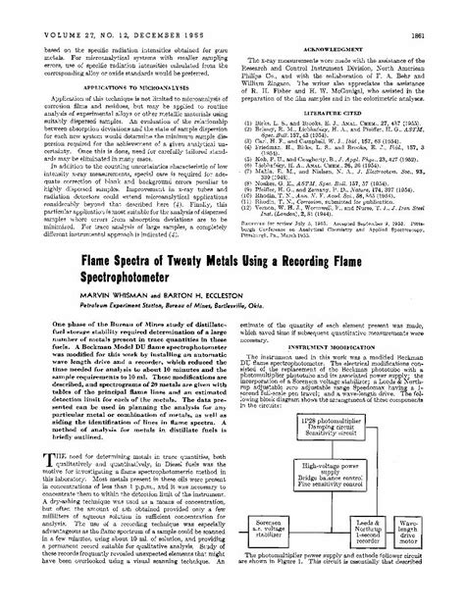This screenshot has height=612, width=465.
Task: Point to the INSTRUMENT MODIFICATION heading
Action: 342,373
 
